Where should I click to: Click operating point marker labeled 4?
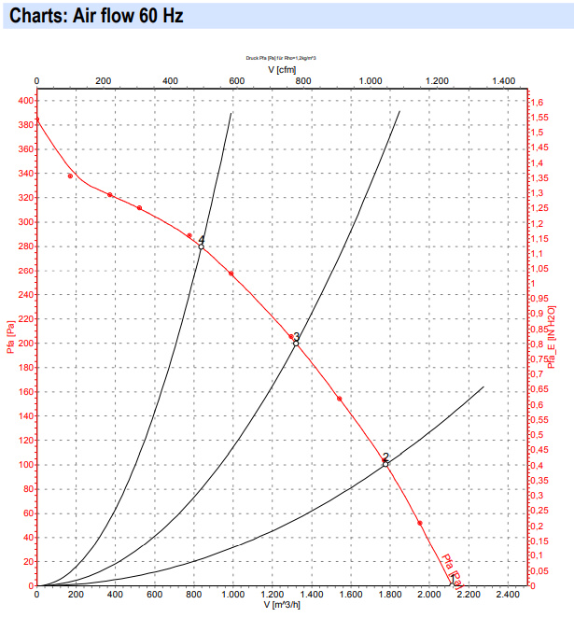(x=201, y=246)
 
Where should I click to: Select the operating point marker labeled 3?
(x=296, y=343)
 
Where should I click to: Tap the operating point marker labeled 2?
(x=385, y=464)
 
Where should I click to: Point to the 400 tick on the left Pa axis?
(x=25, y=101)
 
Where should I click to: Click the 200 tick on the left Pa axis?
(x=25, y=344)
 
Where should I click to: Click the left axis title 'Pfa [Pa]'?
(x=10, y=338)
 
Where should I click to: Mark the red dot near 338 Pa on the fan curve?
(x=70, y=176)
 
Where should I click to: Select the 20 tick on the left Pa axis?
(x=28, y=562)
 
